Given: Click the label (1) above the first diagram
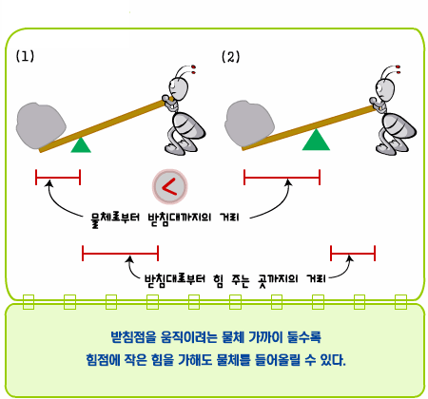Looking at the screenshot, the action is [25, 56].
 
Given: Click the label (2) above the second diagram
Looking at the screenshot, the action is [230, 57].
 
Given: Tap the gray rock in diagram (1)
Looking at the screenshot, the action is [41, 125].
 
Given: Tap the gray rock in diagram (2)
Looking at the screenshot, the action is [249, 124].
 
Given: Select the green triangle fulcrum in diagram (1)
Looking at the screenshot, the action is [81, 145].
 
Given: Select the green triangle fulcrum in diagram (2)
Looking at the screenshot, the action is [316, 140].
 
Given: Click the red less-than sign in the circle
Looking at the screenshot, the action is [169, 186].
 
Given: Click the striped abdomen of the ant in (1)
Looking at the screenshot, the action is [188, 126].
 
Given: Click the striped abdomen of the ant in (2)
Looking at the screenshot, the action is [399, 127].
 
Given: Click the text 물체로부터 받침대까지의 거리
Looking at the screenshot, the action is [165, 218].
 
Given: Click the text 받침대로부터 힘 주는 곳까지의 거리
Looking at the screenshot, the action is [235, 279].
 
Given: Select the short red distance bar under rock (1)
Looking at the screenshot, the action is [58, 177].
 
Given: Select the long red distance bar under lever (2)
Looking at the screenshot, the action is [282, 177].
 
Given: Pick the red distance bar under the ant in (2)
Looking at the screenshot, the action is [353, 253].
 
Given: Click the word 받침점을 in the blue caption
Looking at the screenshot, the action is [133, 337].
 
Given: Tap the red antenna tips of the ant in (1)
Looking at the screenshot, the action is [194, 69].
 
